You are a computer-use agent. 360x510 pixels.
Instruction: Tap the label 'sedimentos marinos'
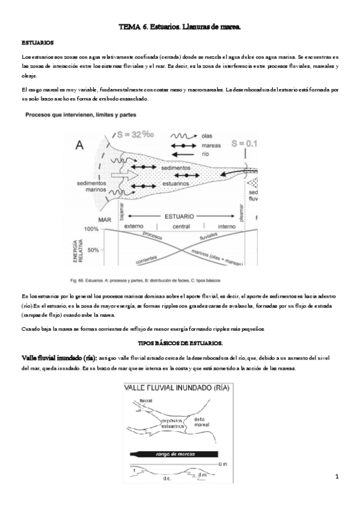(91, 187)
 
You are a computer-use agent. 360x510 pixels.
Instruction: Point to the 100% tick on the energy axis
(92, 230)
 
